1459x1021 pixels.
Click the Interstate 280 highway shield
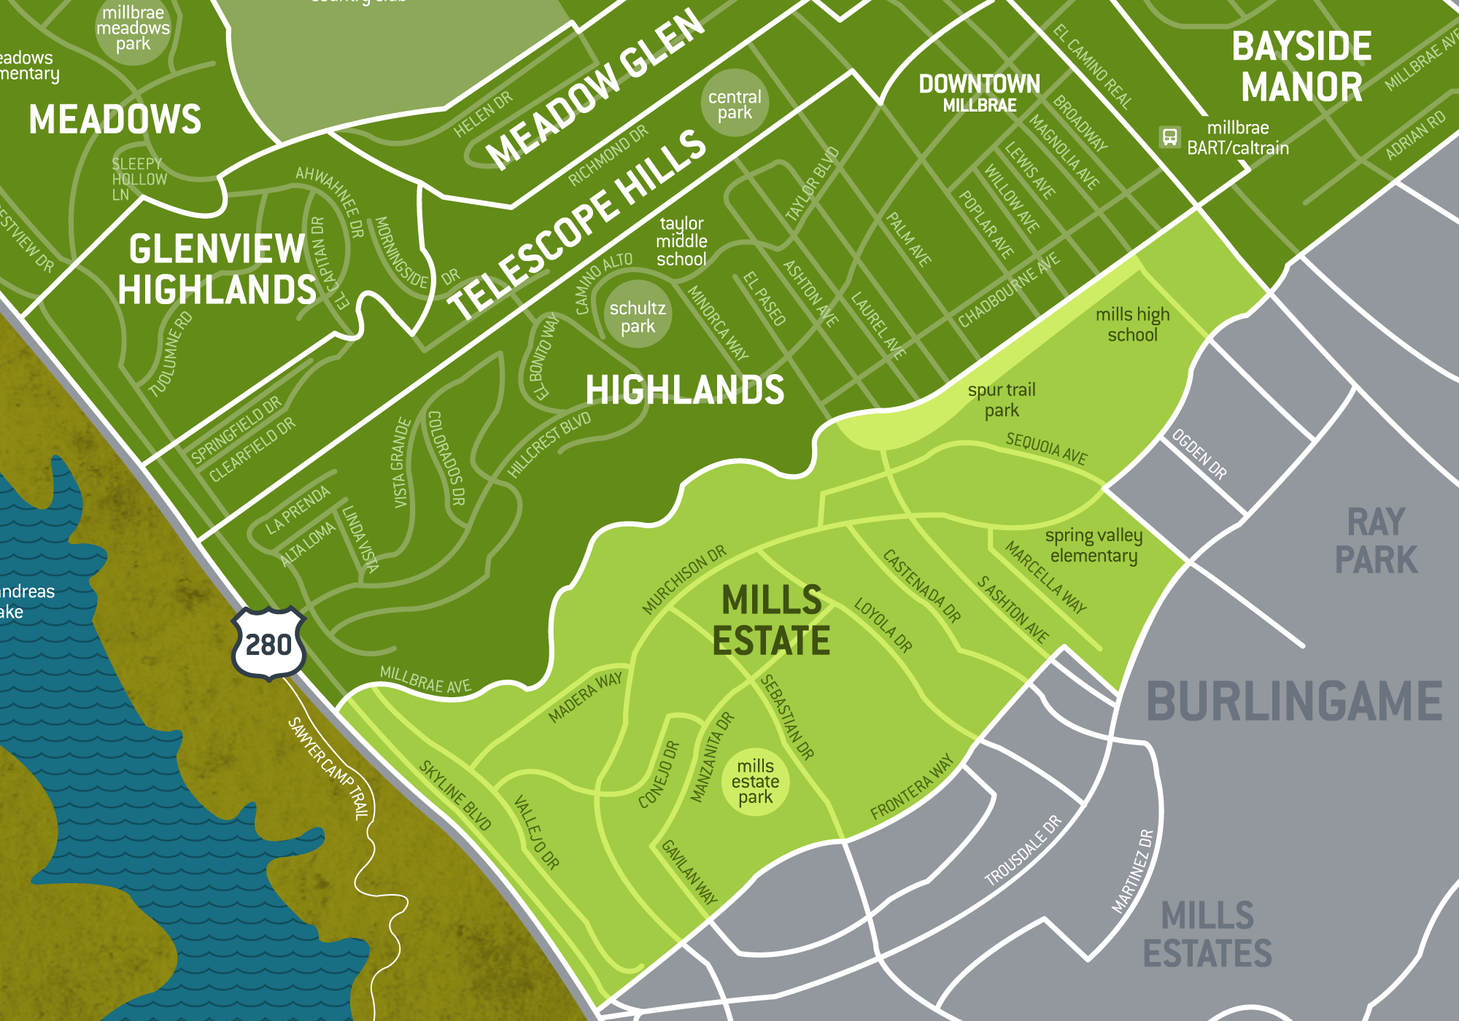click(x=268, y=644)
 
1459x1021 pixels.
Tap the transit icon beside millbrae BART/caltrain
click(x=1169, y=137)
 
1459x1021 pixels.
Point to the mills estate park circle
click(x=755, y=782)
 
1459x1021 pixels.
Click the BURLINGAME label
click(x=1294, y=702)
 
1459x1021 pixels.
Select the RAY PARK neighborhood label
click(x=1376, y=541)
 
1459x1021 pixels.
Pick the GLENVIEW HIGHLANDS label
click(x=217, y=269)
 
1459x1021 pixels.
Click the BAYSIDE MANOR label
click(x=1302, y=66)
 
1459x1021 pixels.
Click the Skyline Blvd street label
click(x=455, y=795)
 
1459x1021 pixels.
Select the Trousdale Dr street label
click(x=1023, y=851)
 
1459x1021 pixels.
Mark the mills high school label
click(x=1132, y=325)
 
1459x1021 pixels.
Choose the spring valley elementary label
click(x=1094, y=546)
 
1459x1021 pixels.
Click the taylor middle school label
click(x=681, y=241)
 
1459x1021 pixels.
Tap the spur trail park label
click(x=1002, y=400)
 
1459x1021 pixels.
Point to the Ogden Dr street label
click(x=1199, y=454)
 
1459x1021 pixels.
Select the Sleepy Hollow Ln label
click(x=139, y=179)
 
